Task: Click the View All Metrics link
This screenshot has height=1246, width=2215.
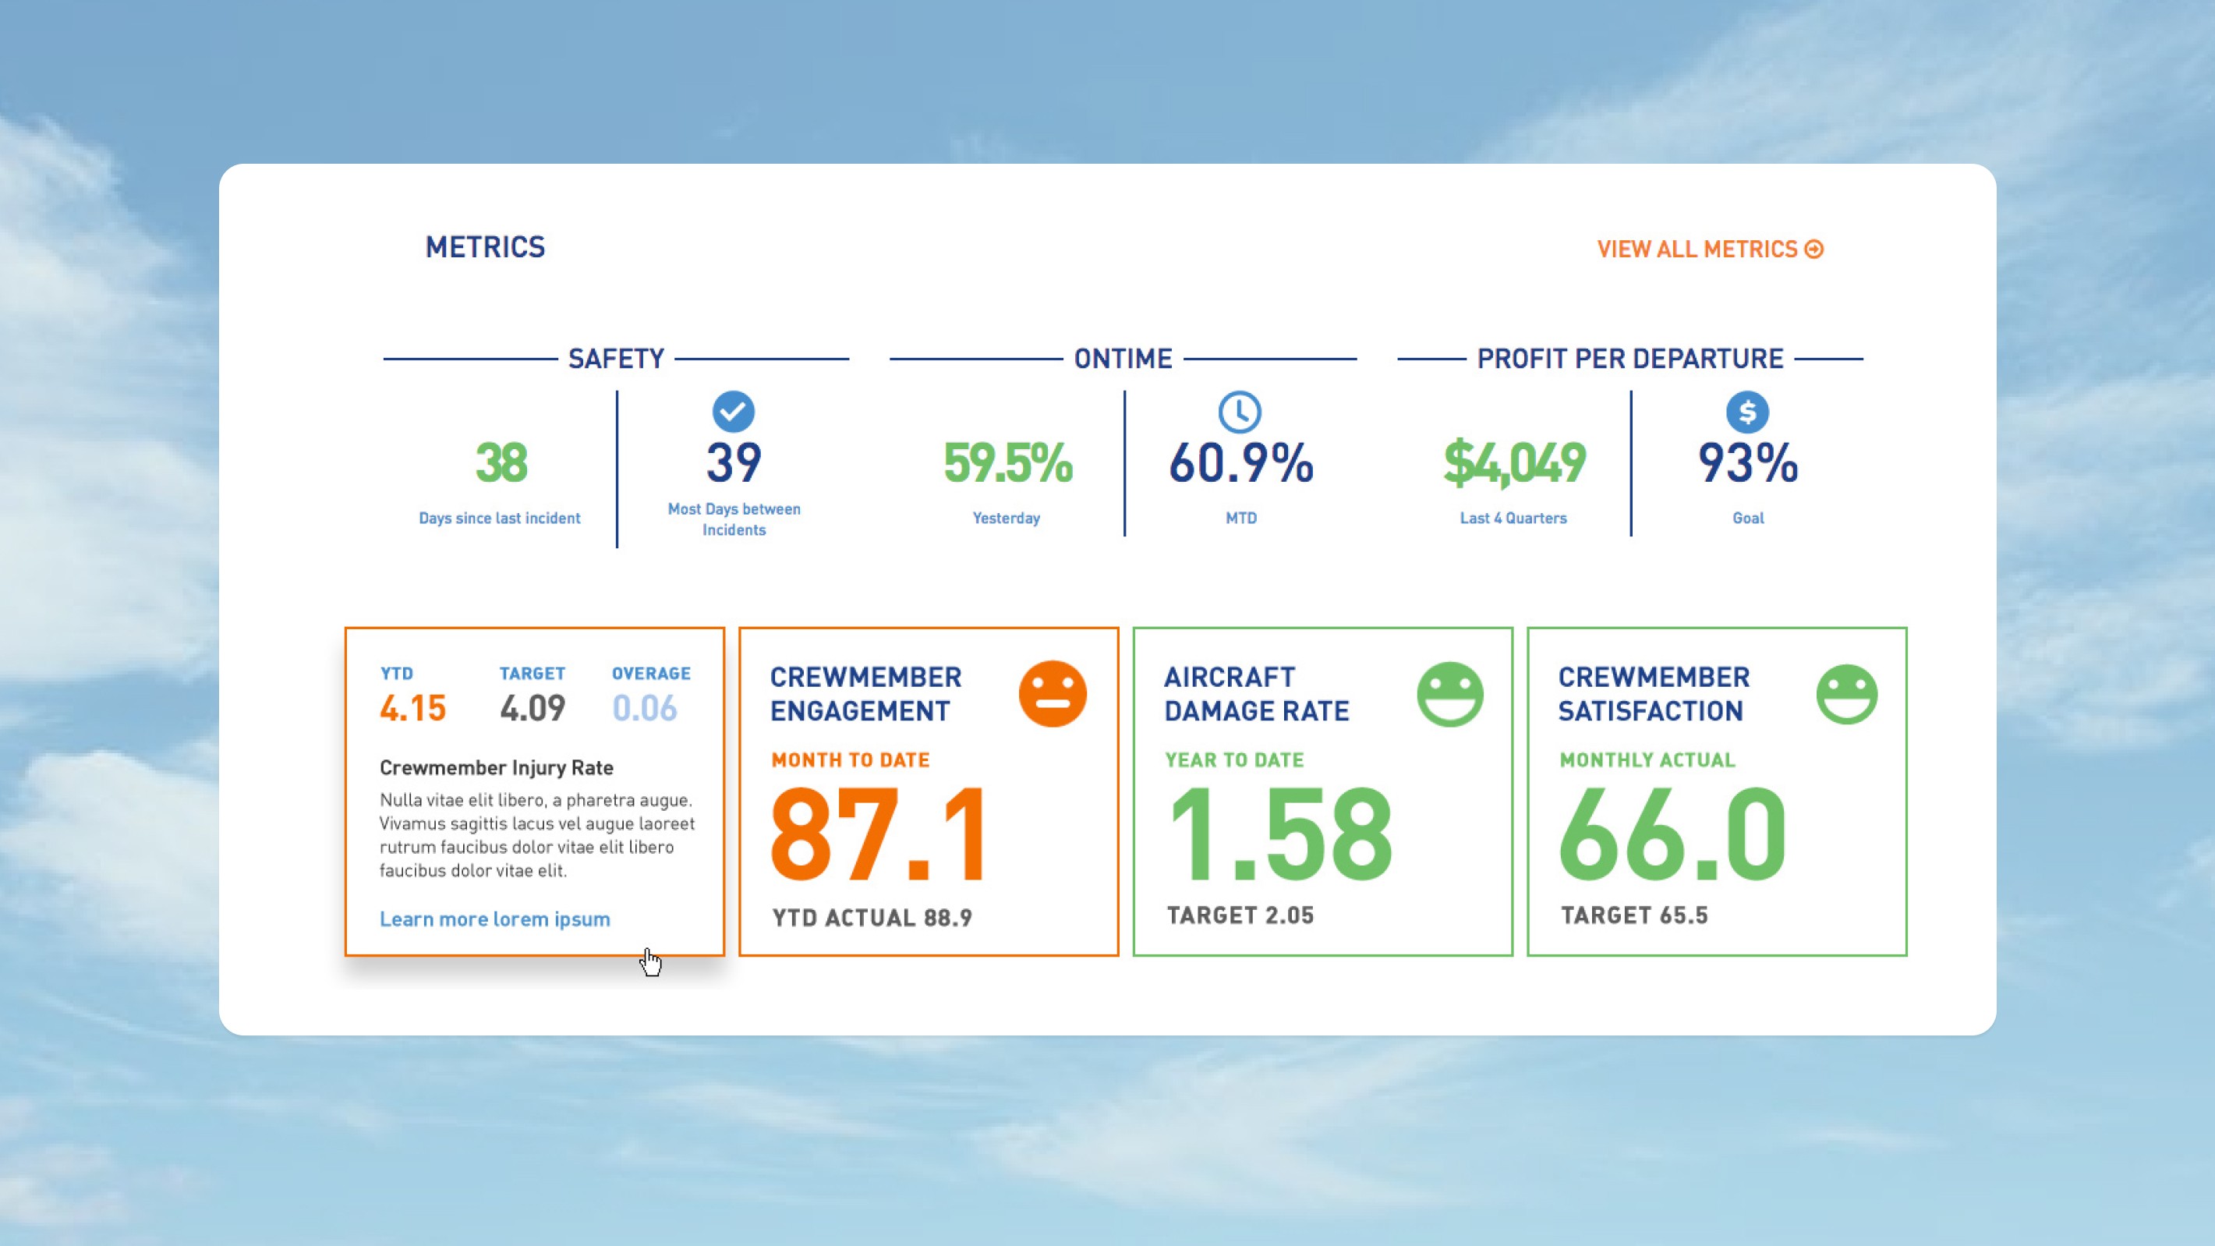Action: [1711, 249]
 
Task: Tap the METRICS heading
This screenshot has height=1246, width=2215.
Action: [485, 248]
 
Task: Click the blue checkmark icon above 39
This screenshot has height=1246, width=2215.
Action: [734, 412]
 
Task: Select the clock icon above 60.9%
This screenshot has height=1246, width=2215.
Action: [1240, 412]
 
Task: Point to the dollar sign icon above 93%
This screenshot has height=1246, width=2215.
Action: [1747, 412]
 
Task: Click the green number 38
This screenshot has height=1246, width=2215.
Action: [501, 462]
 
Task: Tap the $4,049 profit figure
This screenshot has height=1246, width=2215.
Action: [1514, 462]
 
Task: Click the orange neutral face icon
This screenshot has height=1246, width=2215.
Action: [1053, 693]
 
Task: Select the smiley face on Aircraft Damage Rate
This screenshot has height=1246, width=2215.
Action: [1449, 694]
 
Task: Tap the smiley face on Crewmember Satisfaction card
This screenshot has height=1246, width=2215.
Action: [1847, 694]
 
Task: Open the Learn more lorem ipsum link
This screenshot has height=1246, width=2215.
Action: [495, 919]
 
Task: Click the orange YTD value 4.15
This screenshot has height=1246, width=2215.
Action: [412, 709]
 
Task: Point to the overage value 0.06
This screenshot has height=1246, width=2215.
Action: [645, 709]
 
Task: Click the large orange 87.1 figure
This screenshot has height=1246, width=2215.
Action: [878, 834]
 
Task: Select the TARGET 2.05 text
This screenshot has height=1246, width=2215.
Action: [1240, 915]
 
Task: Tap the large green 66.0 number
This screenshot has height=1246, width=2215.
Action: [1672, 834]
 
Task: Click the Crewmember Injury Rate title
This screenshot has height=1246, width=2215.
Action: [497, 767]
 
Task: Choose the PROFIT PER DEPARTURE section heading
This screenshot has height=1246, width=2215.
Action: [1630, 359]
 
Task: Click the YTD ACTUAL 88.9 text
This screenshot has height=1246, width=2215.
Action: [872, 918]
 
